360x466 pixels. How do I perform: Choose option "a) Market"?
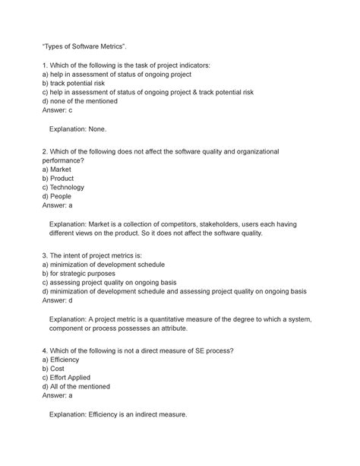pos(63,170)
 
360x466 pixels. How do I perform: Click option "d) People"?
pos(64,196)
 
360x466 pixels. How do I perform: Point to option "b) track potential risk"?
pos(85,84)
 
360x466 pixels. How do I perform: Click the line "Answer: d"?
pos(60,300)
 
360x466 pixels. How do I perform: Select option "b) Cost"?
pos(59,368)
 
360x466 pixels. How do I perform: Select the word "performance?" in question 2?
pos(71,161)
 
